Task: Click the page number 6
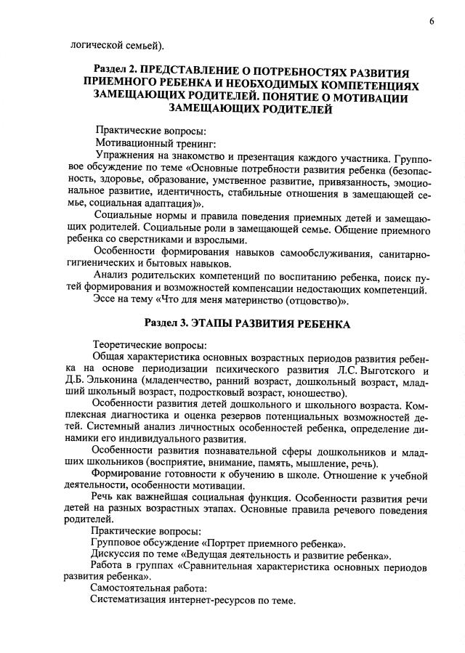coord(432,21)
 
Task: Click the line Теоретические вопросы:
coord(150,344)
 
